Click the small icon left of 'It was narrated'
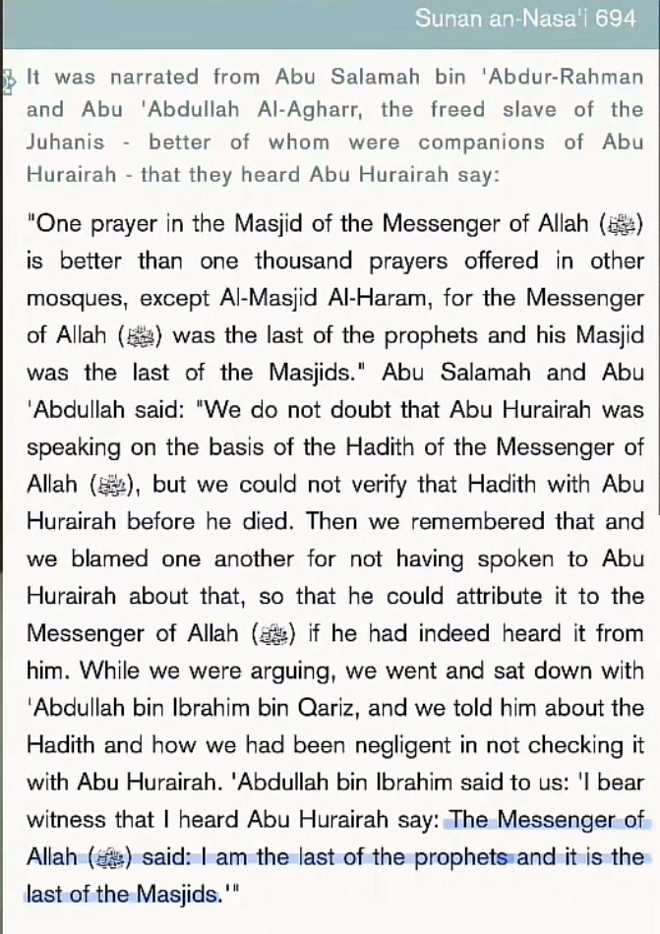[10, 79]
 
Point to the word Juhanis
[65, 142]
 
